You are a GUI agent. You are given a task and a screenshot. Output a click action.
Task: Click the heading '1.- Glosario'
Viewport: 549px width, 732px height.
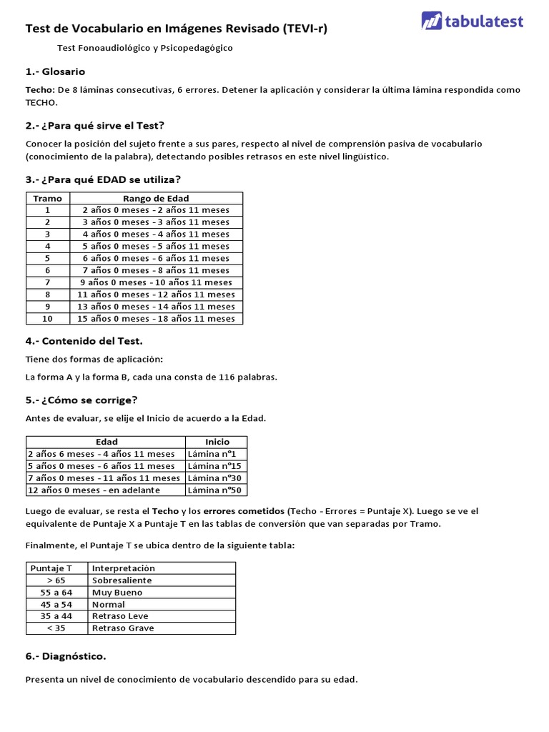tap(55, 71)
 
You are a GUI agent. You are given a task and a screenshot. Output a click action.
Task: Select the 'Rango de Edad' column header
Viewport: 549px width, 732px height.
tap(156, 198)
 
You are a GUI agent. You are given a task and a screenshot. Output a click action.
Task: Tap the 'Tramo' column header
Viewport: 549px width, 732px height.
tap(48, 198)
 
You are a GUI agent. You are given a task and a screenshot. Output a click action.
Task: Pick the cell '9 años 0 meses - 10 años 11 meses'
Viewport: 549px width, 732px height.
tap(156, 282)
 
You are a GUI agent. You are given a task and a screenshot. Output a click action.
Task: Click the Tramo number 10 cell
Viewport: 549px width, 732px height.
tap(48, 319)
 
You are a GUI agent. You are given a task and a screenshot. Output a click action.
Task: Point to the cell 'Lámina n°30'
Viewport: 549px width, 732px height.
tap(216, 478)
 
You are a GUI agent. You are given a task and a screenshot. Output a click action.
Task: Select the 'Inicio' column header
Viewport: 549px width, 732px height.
tap(216, 442)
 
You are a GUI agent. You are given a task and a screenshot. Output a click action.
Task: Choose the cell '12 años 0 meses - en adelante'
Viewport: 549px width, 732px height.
tap(94, 490)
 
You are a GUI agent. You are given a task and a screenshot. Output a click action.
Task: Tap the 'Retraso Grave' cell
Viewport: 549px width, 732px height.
tap(123, 628)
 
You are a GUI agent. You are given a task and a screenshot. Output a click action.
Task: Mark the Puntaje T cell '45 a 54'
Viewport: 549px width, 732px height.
tap(56, 604)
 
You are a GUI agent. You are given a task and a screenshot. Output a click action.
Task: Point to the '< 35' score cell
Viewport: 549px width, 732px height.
tap(56, 628)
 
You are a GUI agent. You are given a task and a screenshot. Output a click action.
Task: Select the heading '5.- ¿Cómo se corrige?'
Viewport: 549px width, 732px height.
tap(81, 400)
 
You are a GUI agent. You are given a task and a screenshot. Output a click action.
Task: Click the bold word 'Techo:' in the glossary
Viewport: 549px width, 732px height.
tap(40, 90)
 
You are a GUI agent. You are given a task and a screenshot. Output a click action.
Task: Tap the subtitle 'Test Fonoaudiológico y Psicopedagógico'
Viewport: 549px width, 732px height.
tap(145, 48)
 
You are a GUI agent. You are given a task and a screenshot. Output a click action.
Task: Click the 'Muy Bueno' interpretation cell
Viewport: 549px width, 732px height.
tap(117, 593)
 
